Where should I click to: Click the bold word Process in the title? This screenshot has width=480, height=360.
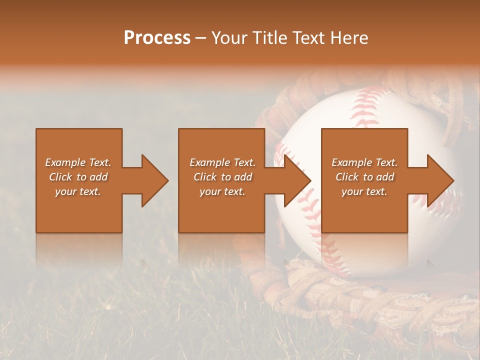[x=157, y=38]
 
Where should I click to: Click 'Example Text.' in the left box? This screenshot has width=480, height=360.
[x=78, y=162]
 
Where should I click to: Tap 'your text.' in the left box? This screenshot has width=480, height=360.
[x=78, y=191]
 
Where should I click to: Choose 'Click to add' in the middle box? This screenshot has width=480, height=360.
[x=222, y=177]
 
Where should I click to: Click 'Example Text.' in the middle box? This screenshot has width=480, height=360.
[x=222, y=162]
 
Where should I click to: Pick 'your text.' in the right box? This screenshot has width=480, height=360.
[x=364, y=191]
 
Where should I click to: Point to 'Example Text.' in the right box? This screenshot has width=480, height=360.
[x=364, y=162]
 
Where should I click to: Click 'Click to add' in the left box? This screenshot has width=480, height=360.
[x=78, y=177]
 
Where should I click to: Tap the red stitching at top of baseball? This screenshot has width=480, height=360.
[x=367, y=100]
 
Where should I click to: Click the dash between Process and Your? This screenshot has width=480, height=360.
[x=200, y=38]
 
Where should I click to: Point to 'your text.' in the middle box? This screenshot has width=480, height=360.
[x=222, y=191]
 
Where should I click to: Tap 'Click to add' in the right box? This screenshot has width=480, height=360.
[x=364, y=177]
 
